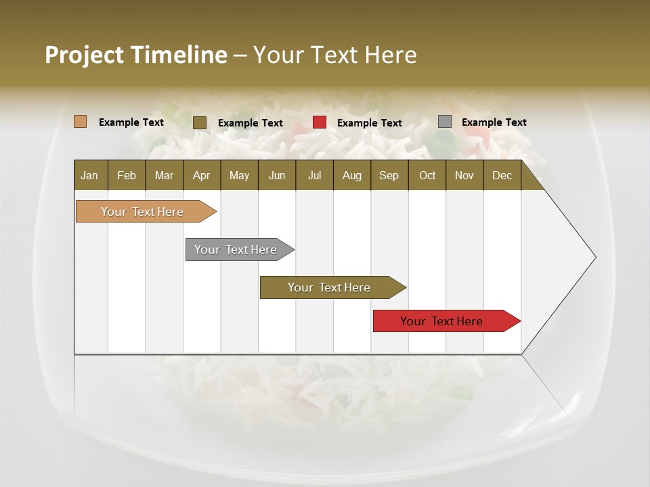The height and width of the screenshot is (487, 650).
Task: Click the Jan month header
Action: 89,176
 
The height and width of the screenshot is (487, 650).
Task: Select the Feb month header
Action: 127,176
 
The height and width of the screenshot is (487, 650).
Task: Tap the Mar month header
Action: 164,176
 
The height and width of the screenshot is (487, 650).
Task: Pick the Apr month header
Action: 201,176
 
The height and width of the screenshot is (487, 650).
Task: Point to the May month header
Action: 239,176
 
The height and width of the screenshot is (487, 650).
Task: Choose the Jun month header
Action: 277,176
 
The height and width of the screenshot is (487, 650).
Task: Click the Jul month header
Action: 314,176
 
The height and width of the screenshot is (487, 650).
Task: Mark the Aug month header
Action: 351,176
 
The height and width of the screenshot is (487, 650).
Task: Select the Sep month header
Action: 389,176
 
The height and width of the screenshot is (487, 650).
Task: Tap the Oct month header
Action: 427,176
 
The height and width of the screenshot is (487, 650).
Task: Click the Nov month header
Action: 464,176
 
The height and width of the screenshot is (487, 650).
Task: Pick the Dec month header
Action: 502,176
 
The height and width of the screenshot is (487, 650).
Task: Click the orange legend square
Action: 80,122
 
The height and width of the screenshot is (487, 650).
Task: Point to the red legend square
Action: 320,122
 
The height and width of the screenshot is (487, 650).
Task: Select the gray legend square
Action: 445,122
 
